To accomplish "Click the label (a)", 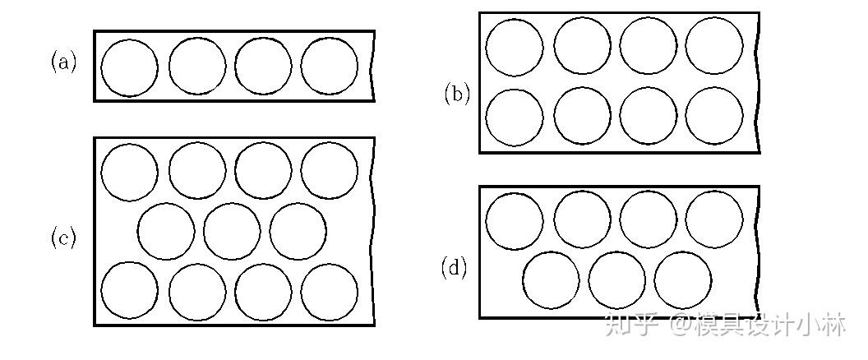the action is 64,62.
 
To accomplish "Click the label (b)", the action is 457,94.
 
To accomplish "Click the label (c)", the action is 64,238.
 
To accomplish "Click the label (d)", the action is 455,267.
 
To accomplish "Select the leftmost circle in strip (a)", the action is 129,67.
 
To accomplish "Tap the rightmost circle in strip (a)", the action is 329,67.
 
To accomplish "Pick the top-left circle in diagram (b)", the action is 515,47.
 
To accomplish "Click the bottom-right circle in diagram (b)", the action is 714,116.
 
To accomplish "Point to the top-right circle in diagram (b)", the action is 714,46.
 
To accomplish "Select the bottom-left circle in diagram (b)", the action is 515,118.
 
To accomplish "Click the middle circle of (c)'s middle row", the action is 232,231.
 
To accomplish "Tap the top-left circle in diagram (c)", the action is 129,173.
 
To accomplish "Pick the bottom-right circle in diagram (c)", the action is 329,291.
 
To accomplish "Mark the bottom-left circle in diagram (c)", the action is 129,291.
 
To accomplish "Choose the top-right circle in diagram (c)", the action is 329,171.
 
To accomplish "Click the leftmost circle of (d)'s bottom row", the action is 551,279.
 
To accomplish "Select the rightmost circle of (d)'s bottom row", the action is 683,279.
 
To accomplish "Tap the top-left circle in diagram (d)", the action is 515,221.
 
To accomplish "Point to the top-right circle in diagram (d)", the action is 714,219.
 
